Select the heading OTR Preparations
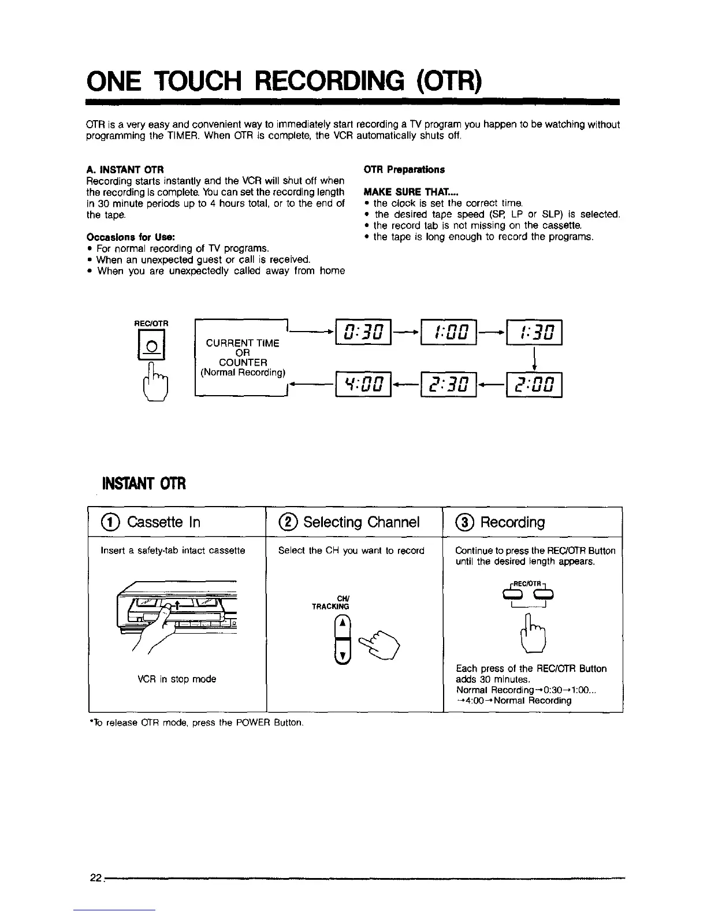[404, 170]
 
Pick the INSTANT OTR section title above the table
[144, 482]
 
